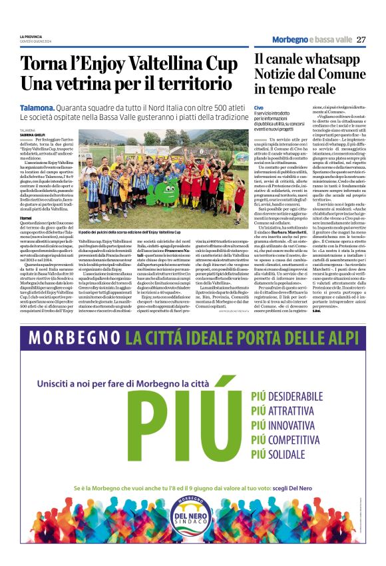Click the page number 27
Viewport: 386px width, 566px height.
[x=361, y=39]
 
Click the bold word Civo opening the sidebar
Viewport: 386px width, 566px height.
[x=259, y=107]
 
